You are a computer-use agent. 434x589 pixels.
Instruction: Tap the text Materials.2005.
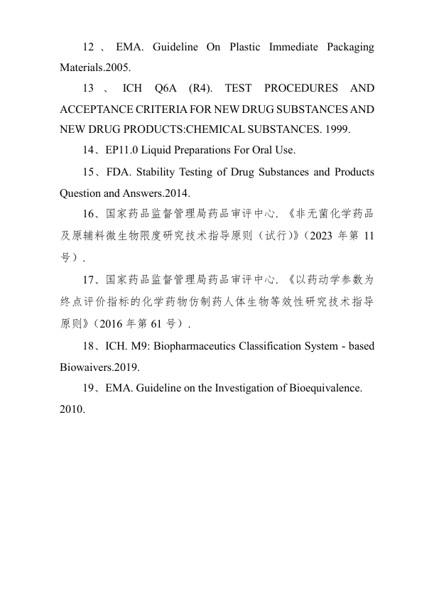tap(96, 69)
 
